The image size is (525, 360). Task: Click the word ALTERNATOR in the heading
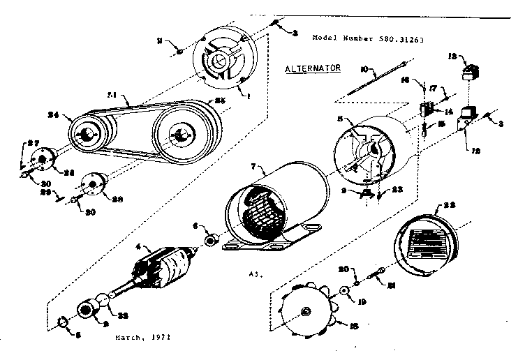[312, 68]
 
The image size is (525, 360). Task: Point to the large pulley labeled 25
[184, 133]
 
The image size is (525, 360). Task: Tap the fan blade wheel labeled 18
[305, 313]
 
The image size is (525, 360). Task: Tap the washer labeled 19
[344, 291]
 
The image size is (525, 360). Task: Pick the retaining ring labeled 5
[61, 322]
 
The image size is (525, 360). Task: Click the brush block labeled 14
[424, 109]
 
